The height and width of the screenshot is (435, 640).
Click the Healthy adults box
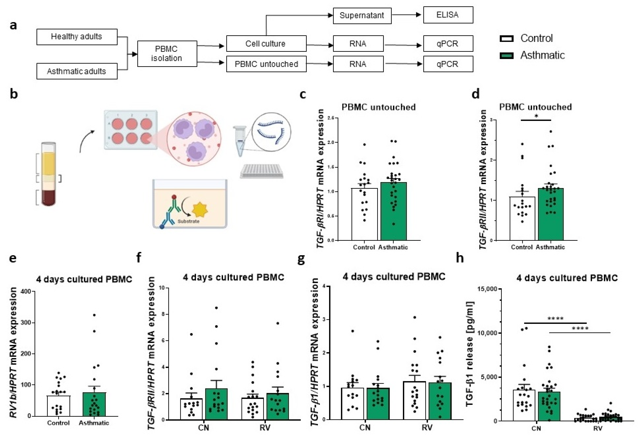click(x=77, y=37)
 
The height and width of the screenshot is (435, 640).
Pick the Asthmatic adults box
click(x=77, y=71)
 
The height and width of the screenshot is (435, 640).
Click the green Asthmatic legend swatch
click(x=506, y=56)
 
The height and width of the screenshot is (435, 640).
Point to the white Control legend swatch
click(x=506, y=38)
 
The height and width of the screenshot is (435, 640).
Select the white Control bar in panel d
click(x=522, y=219)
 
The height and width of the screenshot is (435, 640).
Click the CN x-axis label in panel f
click(x=204, y=427)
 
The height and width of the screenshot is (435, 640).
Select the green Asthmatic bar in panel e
click(x=94, y=405)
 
